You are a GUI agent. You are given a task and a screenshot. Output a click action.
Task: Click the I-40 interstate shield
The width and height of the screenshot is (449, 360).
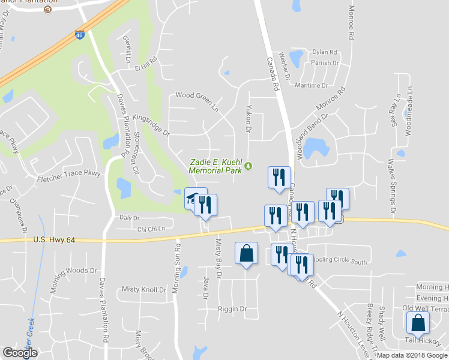click(80, 35)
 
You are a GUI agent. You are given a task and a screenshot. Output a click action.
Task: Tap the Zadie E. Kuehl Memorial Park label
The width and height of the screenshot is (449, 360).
click(215, 166)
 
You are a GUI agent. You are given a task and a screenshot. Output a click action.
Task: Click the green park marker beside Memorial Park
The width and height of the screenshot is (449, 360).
click(249, 166)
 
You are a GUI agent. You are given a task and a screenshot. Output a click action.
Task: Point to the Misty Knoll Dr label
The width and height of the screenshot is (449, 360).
click(143, 289)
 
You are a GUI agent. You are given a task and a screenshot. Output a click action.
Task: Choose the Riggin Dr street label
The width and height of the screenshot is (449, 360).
click(231, 309)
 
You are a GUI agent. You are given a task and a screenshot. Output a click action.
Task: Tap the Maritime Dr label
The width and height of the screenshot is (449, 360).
click(310, 86)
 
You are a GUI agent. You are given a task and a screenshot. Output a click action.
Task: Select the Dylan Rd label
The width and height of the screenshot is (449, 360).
click(324, 52)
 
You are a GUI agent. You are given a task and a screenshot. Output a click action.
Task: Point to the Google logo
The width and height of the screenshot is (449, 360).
click(20, 353)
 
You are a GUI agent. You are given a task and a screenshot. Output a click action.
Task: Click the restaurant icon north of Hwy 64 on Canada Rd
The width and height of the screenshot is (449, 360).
click(279, 177)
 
